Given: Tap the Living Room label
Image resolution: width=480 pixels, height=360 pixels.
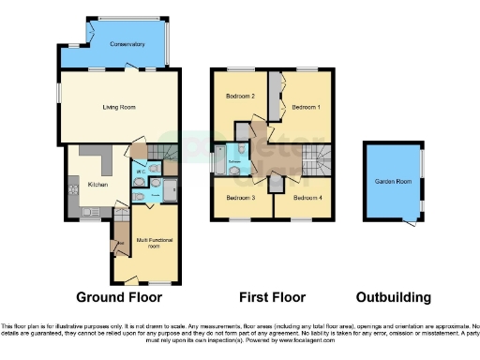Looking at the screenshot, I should tap(119, 108).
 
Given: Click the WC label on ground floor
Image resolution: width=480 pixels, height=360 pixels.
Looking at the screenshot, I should tap(140, 172).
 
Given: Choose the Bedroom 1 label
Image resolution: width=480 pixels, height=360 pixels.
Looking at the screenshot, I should tap(306, 108).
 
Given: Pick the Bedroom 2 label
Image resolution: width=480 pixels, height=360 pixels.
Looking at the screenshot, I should tap(241, 97).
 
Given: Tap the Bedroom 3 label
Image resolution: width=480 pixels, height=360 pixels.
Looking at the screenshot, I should tap(241, 198).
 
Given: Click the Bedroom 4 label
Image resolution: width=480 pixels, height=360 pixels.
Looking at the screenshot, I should tap(306, 198).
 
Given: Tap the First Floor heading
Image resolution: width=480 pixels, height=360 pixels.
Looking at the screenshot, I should tap(272, 297).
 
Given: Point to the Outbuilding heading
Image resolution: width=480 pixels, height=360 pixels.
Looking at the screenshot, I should tap(393, 297).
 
